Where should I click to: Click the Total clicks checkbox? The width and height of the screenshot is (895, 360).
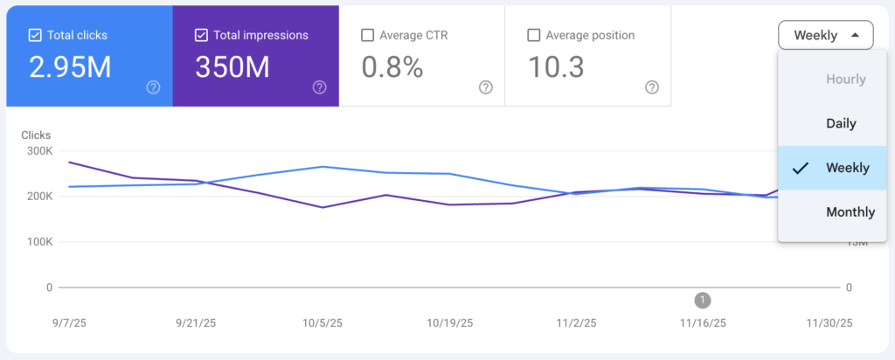coord(35,36)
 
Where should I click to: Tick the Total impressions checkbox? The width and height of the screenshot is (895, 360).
coord(201,36)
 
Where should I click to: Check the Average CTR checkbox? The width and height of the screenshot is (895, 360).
coord(368,36)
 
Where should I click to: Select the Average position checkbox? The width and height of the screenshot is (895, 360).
coord(534,36)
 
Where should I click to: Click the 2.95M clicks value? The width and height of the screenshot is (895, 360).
coord(70,67)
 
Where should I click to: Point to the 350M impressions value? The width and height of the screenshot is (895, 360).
coord(235,67)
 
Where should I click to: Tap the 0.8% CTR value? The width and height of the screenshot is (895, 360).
coord(392,67)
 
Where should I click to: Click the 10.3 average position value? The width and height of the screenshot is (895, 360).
coord(556,67)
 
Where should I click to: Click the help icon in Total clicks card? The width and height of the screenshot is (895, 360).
coord(153,87)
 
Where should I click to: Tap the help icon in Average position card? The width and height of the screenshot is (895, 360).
coord(652,87)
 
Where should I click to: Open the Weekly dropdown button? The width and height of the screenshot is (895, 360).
coord(825,36)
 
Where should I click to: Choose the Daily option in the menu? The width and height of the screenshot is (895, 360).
coord(841,124)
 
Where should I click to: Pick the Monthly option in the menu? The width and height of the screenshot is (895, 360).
coord(850,212)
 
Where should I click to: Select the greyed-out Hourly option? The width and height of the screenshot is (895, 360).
coord(845,80)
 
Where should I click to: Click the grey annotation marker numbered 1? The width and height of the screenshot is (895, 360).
coord(702,301)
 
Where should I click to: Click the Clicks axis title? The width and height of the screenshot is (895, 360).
coord(36,135)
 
